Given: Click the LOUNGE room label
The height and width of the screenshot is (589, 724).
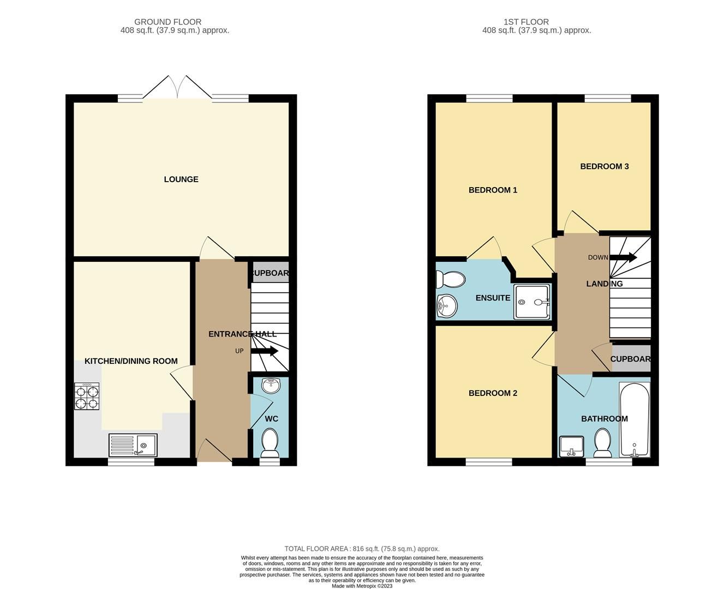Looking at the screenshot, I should point(181,179).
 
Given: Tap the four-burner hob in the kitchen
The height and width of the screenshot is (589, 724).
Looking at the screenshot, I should point(87,396).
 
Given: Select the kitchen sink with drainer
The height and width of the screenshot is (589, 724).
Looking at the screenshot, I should point(133,445).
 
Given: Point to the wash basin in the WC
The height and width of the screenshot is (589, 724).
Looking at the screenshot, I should point(271,385).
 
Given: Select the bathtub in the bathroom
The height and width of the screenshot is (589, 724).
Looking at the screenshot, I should point(634,419).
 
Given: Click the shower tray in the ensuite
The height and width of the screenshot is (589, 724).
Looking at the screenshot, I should point(532,302).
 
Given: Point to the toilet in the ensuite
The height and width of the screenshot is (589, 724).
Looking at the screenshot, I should point(450,279).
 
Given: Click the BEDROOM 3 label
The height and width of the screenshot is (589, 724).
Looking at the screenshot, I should point(604,166).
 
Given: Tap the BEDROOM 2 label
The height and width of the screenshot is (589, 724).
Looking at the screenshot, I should point(493,393).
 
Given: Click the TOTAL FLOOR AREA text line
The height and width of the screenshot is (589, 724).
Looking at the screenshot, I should point(362,549).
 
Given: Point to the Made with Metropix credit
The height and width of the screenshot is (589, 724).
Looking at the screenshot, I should point(362,586).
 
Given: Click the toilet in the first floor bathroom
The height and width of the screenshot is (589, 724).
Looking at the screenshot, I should point(602,443).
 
